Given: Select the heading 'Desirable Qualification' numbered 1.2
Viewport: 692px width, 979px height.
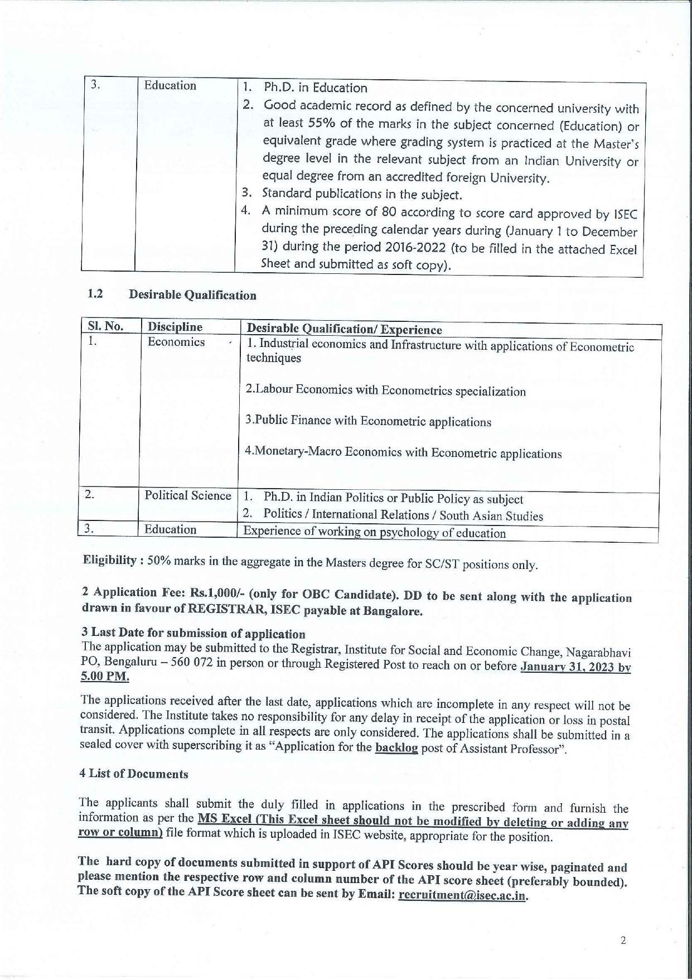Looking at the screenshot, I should click(x=192, y=295).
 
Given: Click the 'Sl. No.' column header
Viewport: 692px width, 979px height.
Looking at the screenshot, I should click(x=105, y=326).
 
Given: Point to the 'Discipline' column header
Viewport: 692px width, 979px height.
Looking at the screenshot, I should click(x=175, y=327).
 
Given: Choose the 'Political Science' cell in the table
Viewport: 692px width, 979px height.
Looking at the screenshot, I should click(x=188, y=495).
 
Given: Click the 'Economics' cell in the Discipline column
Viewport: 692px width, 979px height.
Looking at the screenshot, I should click(x=176, y=342).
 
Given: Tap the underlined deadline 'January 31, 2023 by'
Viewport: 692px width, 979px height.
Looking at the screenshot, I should click(x=575, y=667).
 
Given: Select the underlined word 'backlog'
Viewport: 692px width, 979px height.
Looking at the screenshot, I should click(x=396, y=748).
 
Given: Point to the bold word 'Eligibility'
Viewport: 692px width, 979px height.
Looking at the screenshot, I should click(x=109, y=560).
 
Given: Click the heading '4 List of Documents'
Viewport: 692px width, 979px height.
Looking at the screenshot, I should click(x=134, y=774).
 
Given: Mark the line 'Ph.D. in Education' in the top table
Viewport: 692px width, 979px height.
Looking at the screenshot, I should click(x=315, y=88).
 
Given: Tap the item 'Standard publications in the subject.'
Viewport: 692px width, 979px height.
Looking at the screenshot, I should click(x=362, y=195).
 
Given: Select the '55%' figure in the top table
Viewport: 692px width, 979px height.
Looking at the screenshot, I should click(x=322, y=124).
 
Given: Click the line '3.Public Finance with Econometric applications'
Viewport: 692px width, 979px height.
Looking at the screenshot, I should click(x=368, y=421).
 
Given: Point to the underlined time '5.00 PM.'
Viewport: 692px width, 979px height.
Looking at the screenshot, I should click(x=105, y=677).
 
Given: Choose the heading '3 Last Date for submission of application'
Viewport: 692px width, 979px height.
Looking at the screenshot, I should click(x=193, y=633).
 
